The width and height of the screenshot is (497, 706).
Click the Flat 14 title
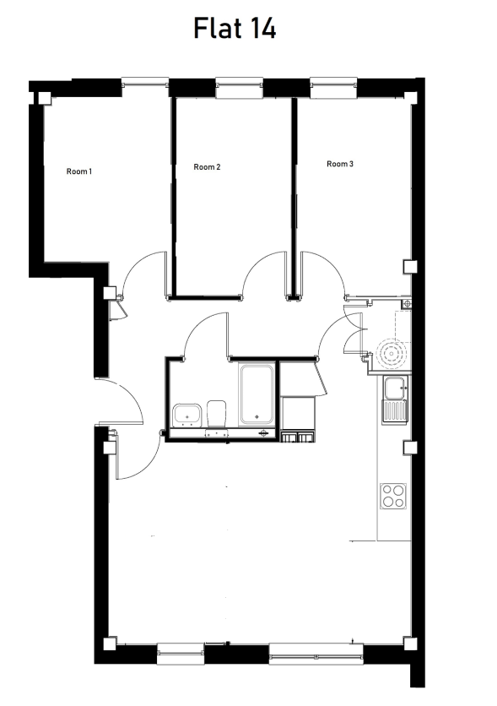pyautogui.click(x=235, y=28)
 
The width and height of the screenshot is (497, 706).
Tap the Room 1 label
pyautogui.click(x=79, y=171)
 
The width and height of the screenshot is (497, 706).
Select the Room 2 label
pyautogui.click(x=207, y=167)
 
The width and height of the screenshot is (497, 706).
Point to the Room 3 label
pyautogui.click(x=340, y=164)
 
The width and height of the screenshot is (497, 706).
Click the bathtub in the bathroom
pyautogui.click(x=257, y=395)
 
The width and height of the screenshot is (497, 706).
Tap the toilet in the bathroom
pyautogui.click(x=216, y=413)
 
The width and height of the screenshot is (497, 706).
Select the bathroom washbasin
pyautogui.click(x=187, y=415)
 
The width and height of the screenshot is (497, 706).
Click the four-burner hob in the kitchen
pyautogui.click(x=393, y=496)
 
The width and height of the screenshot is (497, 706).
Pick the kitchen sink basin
pyautogui.click(x=394, y=388)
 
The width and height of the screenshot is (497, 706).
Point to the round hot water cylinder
pyautogui.click(x=392, y=354)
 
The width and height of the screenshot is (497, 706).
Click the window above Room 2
pyautogui.click(x=239, y=87)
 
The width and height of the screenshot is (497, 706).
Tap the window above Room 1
pyautogui.click(x=145, y=82)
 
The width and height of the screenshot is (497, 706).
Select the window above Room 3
pyautogui.click(x=333, y=87)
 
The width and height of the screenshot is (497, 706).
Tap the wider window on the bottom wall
pyautogui.click(x=316, y=654)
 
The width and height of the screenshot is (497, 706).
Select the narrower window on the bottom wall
pyautogui.click(x=181, y=654)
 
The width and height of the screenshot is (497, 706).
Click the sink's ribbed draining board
pyautogui.click(x=395, y=411)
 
